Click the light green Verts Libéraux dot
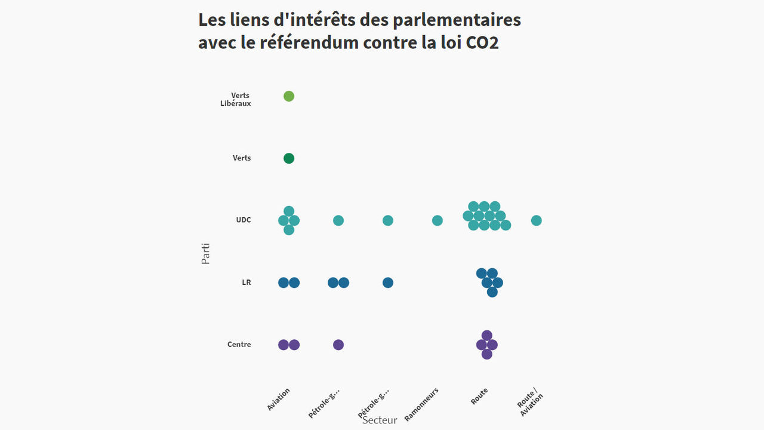289,96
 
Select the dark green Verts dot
289,158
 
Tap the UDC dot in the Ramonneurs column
438,220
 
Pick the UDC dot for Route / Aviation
537,220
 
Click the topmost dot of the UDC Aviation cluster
289,211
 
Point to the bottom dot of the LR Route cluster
492,292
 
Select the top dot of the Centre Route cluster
487,335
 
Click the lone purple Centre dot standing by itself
338,345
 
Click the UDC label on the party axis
244,220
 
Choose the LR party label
247,282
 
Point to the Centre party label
239,345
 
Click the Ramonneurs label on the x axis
421,404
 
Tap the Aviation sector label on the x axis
279,399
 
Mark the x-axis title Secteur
380,420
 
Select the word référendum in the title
309,43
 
